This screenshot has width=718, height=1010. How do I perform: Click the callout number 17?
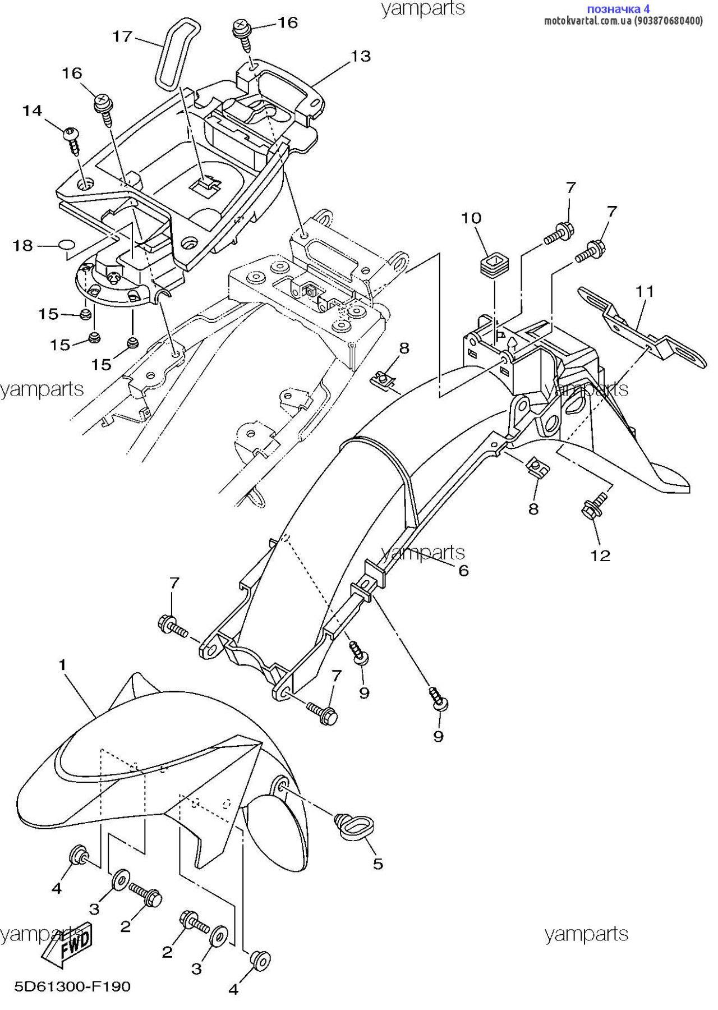coord(122,37)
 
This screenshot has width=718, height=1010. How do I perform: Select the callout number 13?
coord(361,56)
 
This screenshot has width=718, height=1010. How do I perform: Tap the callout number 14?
coord(33,111)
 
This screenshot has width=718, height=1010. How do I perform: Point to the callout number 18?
coord(23,246)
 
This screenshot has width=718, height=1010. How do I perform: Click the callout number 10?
coord(471,218)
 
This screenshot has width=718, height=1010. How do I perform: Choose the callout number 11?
coord(645,292)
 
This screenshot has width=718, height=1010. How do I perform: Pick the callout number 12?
coord(600,555)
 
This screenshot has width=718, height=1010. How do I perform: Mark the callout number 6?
coord(463,571)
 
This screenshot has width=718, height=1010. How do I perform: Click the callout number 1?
coord(63,665)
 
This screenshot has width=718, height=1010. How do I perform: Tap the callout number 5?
coord(378,864)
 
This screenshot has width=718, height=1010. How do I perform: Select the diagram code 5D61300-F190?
coord(72,986)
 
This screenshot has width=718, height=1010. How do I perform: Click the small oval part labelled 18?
coord(66,245)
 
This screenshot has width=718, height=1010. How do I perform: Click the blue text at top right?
coord(618,9)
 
